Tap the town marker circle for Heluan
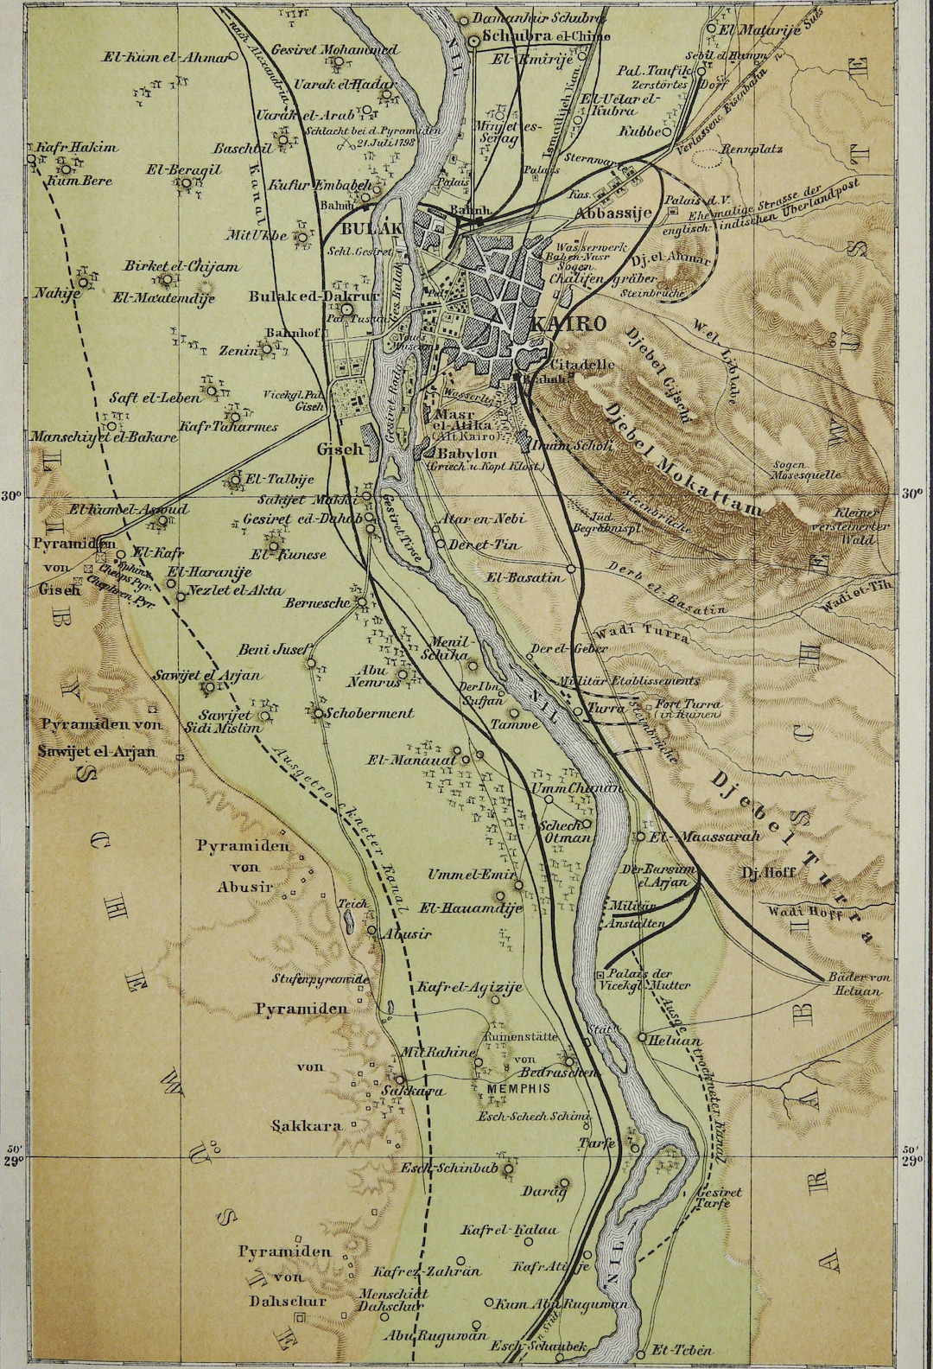[642, 1036]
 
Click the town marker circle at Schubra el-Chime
[474, 39]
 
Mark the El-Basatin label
[518, 576]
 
